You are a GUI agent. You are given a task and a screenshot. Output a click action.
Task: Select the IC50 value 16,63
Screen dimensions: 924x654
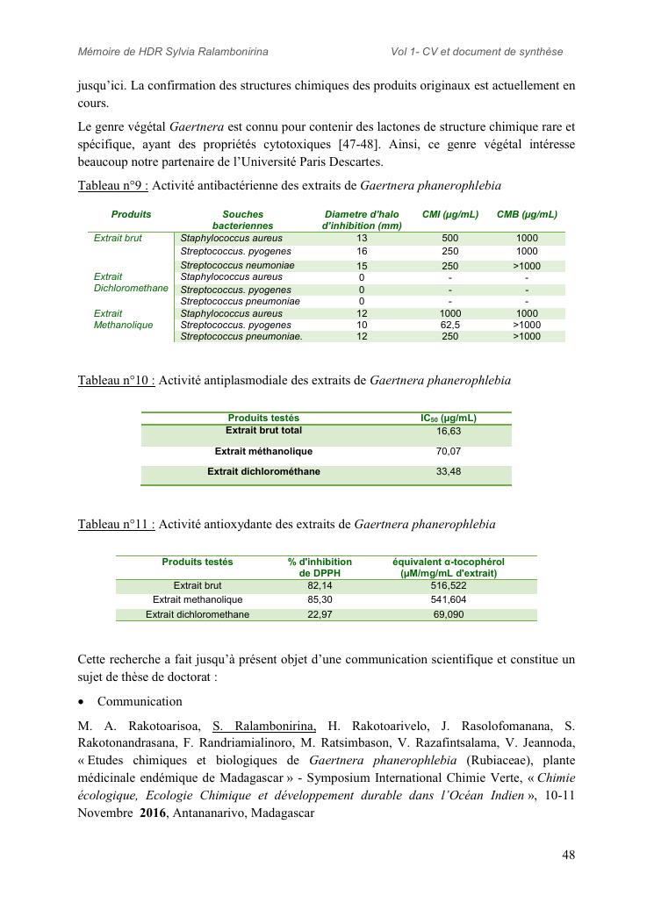coord(449,432)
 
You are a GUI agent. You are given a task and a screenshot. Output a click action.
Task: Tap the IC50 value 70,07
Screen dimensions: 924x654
coord(449,452)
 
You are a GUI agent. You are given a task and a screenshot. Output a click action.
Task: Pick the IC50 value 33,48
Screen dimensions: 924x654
coord(449,472)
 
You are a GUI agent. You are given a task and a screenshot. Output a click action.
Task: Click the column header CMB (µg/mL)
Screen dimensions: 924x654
coord(527,214)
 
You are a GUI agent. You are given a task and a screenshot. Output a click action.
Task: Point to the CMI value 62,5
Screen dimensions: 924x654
coord(450,325)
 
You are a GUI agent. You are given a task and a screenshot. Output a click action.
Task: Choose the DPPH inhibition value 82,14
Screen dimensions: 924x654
coord(320,585)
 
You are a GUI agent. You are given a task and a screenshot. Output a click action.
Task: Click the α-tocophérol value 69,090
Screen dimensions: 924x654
coord(449,615)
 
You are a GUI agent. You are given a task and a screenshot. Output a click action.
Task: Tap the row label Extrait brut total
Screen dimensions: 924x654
coord(263,431)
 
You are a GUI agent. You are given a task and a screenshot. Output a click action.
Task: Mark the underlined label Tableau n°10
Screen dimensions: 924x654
coord(116,381)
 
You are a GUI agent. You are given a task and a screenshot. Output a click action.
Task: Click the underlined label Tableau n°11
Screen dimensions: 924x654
coord(116,525)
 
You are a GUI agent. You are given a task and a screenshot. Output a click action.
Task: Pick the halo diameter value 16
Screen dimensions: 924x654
coord(362,251)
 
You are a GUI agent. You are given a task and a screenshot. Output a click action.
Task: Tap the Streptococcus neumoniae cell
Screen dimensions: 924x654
coord(237,266)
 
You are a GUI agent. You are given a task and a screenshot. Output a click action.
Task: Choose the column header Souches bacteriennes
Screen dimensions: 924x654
coord(242,219)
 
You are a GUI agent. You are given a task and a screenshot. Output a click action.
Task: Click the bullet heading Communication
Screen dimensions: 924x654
coord(140,702)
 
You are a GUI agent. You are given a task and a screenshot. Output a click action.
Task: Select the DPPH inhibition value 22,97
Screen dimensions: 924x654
coord(320,615)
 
